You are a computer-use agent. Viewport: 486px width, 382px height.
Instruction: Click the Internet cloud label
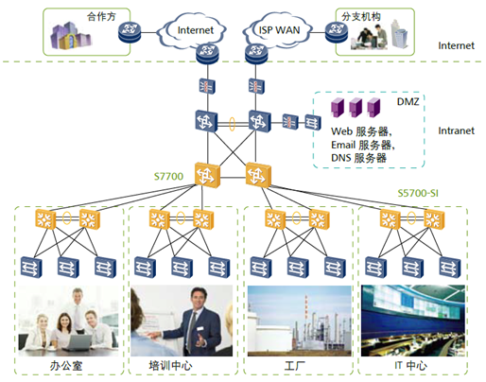[196, 30]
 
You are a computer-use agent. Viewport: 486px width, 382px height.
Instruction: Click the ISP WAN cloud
[277, 30]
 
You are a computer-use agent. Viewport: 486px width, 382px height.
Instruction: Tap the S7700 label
[168, 176]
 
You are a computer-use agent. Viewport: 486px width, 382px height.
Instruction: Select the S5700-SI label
[418, 193]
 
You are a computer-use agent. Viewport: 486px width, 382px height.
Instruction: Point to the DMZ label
[408, 101]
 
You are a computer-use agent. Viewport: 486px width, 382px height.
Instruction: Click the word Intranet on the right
[456, 130]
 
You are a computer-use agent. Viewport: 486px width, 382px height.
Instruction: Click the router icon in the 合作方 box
[130, 32]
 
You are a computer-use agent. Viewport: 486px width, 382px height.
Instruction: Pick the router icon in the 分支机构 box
[337, 32]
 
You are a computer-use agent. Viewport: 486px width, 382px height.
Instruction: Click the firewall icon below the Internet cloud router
[207, 86]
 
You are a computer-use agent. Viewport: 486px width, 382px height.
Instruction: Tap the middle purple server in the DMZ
[356, 107]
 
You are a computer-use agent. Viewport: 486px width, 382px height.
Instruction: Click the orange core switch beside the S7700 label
[207, 175]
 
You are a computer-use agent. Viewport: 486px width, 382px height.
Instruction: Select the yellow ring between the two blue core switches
[232, 124]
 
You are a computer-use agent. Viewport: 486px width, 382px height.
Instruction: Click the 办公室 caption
[66, 366]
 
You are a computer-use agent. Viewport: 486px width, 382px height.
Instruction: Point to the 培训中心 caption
[170, 366]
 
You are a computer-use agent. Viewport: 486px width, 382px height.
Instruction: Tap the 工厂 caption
[294, 366]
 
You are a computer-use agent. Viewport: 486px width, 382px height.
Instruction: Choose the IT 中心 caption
[410, 365]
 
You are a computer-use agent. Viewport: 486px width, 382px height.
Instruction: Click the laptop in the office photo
[78, 343]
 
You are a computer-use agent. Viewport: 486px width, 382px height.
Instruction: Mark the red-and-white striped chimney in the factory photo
[305, 306]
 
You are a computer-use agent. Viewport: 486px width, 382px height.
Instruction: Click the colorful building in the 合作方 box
[71, 36]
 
